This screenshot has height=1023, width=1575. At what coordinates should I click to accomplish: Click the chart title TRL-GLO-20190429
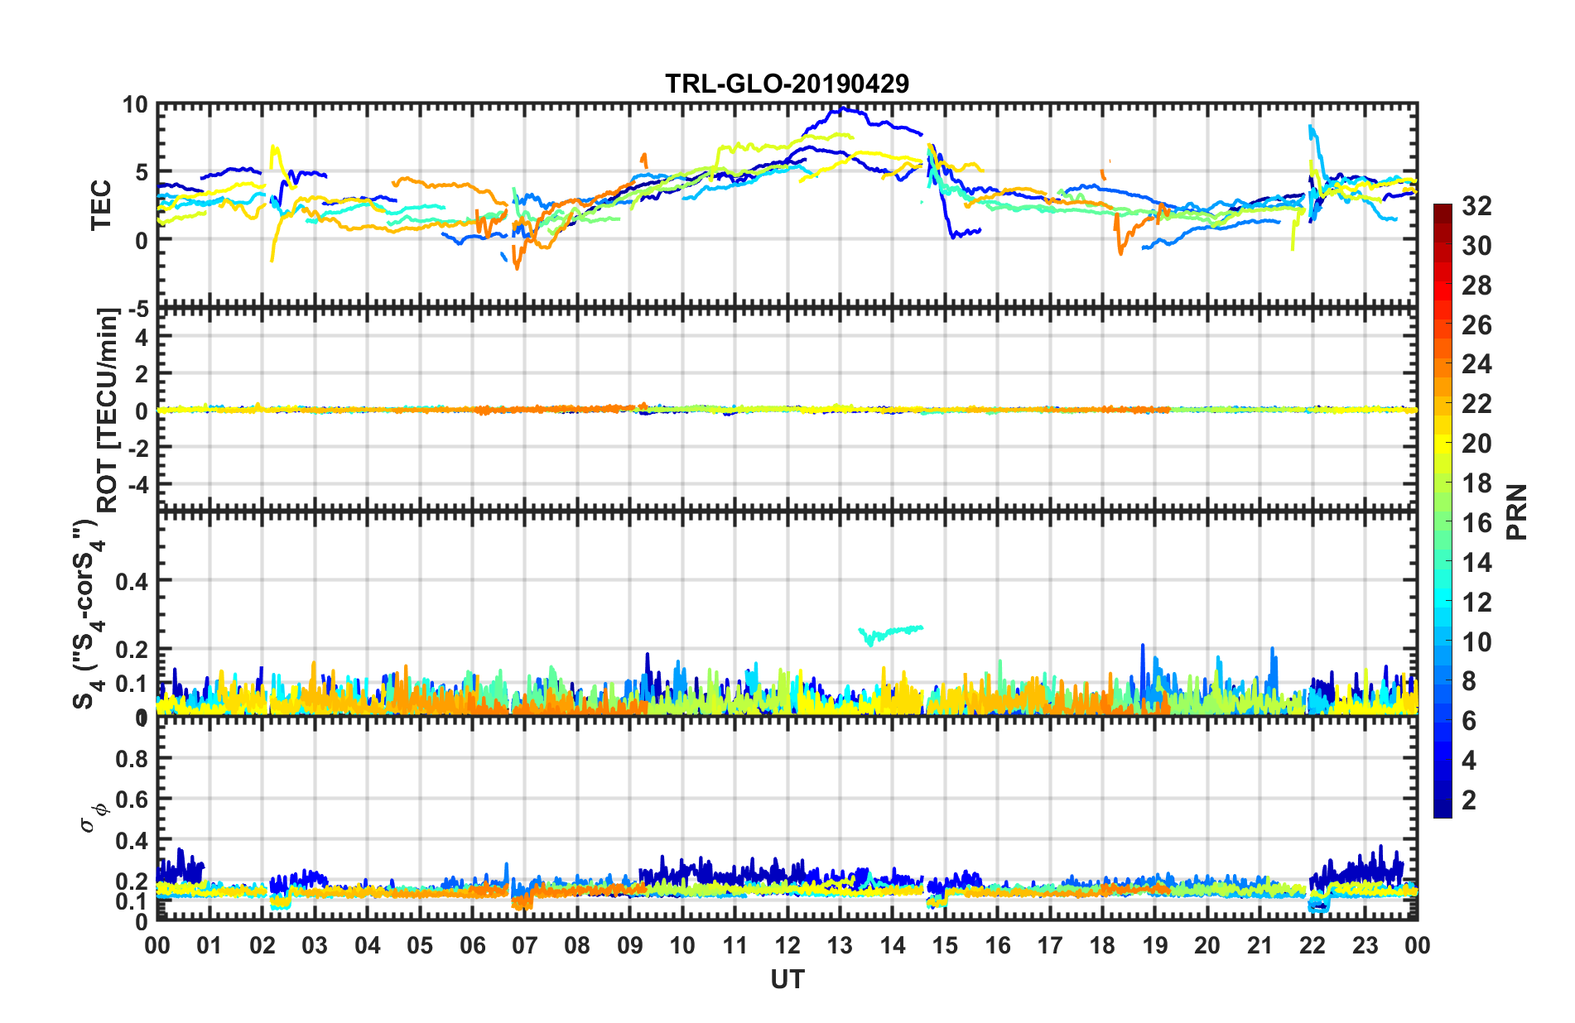click(787, 84)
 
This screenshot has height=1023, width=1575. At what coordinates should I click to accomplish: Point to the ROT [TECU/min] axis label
click(108, 410)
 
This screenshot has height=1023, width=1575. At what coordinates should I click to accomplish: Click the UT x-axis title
click(787, 979)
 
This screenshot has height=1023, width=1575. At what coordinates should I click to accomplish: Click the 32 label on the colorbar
click(1476, 206)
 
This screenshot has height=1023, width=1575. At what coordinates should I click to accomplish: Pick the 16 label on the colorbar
click(1476, 523)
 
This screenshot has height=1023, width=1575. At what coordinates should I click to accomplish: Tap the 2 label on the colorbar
click(1469, 800)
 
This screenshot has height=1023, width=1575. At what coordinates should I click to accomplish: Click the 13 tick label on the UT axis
click(840, 945)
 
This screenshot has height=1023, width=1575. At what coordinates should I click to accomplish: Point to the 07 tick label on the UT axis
click(525, 945)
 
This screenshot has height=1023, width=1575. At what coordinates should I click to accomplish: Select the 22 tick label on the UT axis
click(1312, 945)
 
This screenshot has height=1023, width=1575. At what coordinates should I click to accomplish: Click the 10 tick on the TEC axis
click(134, 105)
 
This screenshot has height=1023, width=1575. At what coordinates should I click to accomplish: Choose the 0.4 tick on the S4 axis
click(132, 581)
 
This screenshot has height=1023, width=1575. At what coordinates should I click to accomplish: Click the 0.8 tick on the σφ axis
click(132, 758)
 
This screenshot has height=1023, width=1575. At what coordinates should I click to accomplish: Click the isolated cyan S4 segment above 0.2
click(891, 633)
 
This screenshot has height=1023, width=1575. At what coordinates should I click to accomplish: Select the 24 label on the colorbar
click(1476, 364)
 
